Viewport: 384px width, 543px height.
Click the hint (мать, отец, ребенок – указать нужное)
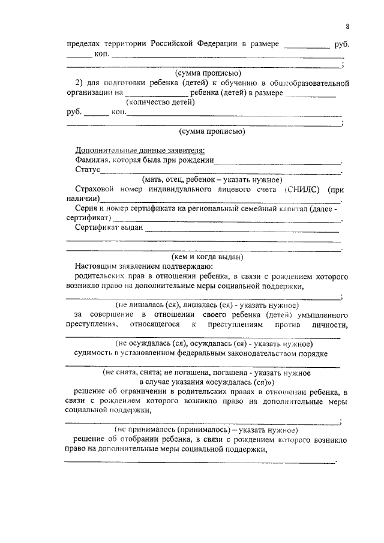tap(212, 179)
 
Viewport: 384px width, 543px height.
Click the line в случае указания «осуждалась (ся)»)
tap(206, 382)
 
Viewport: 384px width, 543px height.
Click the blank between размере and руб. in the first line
tap(305, 45)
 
